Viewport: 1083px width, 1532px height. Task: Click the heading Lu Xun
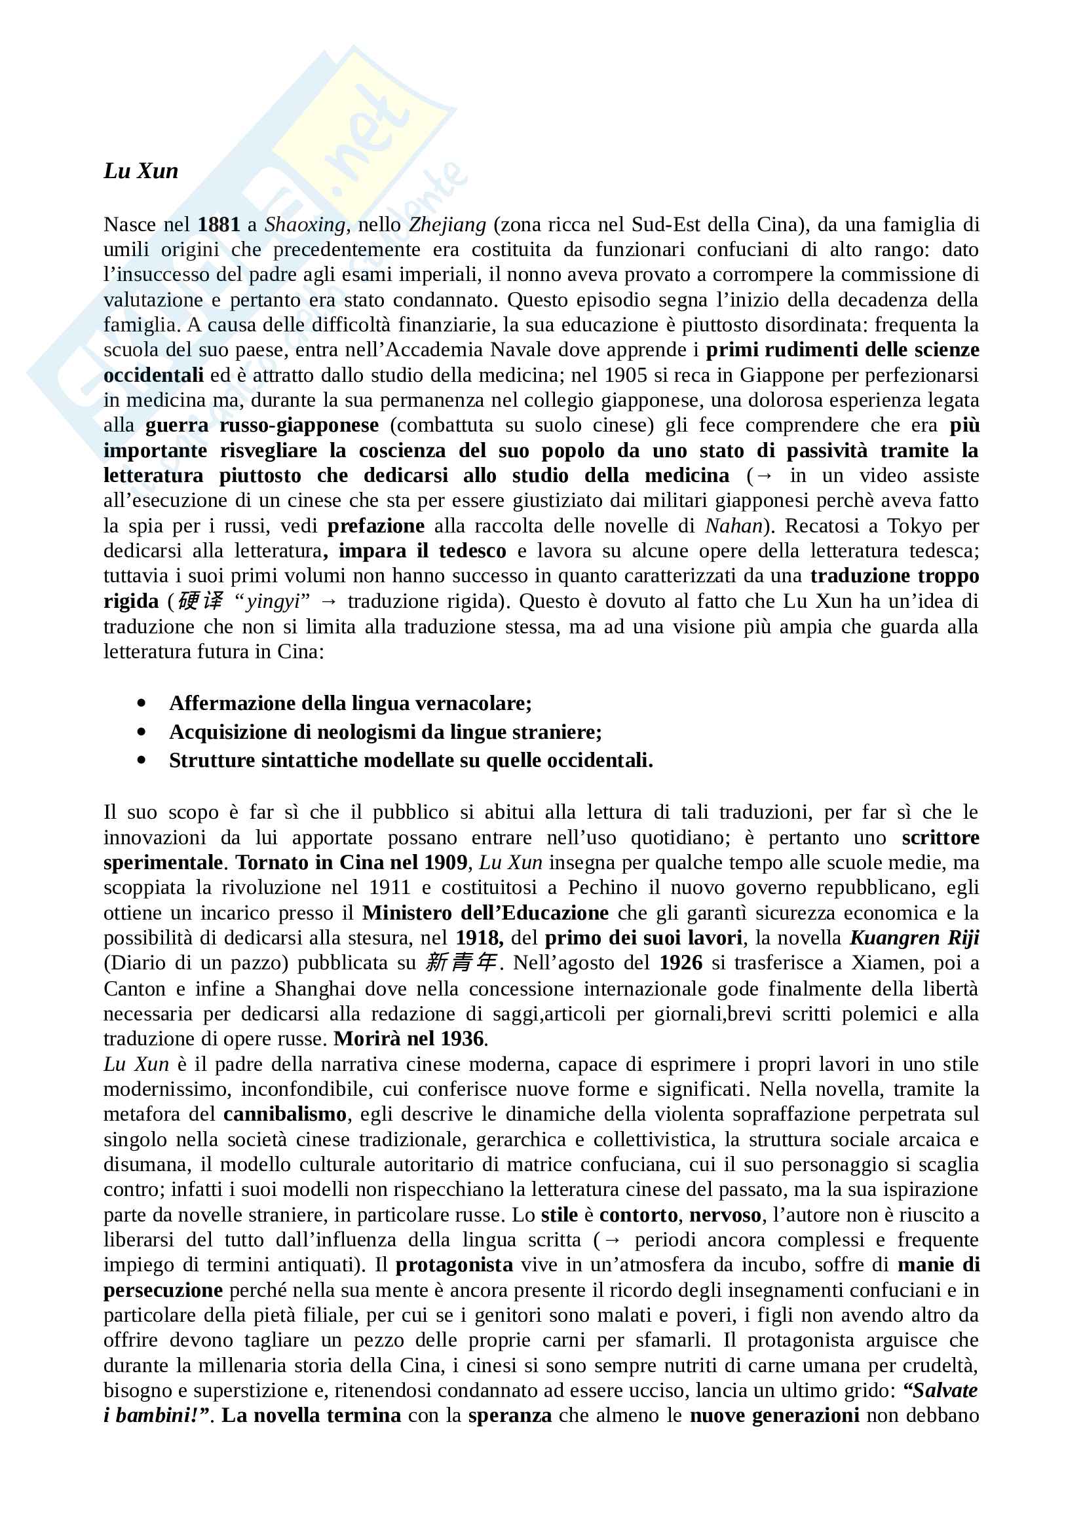pyautogui.click(x=141, y=172)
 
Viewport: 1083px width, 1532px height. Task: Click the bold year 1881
pyautogui.click(x=218, y=224)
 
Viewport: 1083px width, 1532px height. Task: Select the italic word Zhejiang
pyautogui.click(x=447, y=224)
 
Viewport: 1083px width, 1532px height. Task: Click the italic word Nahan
pyautogui.click(x=733, y=526)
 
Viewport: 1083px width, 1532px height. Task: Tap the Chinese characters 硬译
pyautogui.click(x=200, y=601)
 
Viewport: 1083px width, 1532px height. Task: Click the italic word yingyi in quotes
pyautogui.click(x=273, y=602)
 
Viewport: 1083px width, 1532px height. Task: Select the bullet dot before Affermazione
pyautogui.click(x=141, y=703)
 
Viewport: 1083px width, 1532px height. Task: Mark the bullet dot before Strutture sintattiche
pyautogui.click(x=141, y=760)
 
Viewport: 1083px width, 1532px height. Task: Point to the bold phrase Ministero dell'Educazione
pyautogui.click(x=485, y=912)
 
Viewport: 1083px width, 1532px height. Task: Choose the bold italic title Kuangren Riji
pyautogui.click(x=913, y=937)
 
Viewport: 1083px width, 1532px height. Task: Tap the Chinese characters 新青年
pyautogui.click(x=461, y=963)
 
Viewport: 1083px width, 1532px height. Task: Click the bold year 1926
pyautogui.click(x=681, y=963)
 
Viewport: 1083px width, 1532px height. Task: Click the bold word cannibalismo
pyautogui.click(x=285, y=1113)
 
